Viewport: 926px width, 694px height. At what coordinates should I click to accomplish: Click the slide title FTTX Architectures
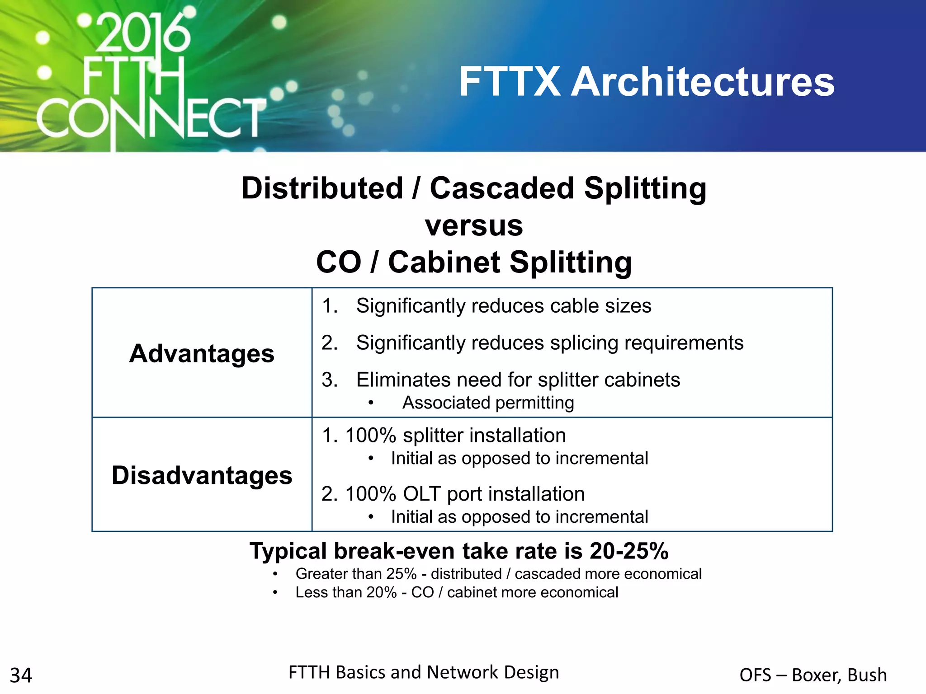(x=647, y=82)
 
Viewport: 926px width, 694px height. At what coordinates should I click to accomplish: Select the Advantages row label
(x=202, y=353)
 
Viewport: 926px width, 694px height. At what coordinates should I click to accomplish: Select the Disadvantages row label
(x=202, y=475)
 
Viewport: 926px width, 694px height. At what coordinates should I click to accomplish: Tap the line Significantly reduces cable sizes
(x=503, y=306)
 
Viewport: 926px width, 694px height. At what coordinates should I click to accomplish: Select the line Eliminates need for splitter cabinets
(x=518, y=380)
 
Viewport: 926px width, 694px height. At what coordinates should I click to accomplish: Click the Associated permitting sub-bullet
(x=488, y=403)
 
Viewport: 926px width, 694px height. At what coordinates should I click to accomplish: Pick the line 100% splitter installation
(x=455, y=436)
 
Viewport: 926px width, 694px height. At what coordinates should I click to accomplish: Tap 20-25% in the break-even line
(x=628, y=551)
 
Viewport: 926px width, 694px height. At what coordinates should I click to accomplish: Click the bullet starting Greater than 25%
(x=498, y=574)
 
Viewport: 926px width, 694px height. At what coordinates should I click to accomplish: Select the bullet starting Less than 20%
(x=457, y=592)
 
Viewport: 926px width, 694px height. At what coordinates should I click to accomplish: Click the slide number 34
(x=21, y=675)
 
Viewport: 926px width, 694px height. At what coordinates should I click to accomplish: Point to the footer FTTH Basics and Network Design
(x=424, y=672)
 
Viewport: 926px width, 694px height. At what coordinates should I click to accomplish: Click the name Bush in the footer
(x=867, y=675)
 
